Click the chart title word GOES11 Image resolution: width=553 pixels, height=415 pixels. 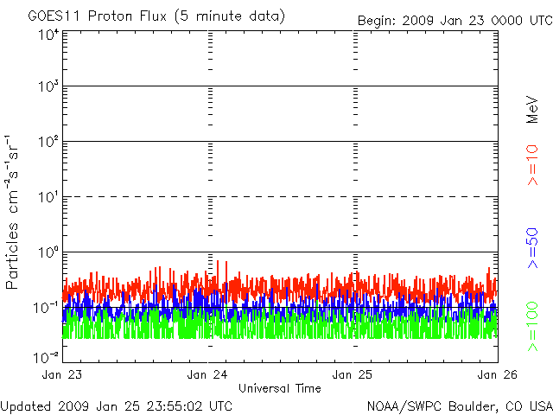point(55,16)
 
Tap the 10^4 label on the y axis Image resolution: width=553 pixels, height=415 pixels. point(48,35)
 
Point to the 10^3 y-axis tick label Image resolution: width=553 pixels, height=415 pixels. point(48,86)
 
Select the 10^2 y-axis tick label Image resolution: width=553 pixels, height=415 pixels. point(48,142)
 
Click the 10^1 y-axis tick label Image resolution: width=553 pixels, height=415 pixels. point(48,197)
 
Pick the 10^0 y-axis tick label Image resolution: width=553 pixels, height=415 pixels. point(48,252)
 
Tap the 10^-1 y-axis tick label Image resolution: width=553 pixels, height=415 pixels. point(46,308)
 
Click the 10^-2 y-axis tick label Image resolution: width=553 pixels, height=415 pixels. point(46,357)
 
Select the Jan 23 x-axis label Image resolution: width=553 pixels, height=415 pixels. point(61,374)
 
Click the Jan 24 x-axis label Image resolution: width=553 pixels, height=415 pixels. point(207,374)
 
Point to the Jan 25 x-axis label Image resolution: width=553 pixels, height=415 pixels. point(353,374)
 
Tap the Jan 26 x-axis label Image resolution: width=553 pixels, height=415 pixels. point(498,374)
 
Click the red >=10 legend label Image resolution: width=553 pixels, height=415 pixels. point(532,165)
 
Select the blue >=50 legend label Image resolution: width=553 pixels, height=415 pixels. point(532,248)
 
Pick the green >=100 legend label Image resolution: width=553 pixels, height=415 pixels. point(532,327)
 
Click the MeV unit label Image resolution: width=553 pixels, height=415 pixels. point(532,110)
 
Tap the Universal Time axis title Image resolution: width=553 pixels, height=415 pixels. point(280,388)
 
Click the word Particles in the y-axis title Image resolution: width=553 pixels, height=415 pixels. point(11,256)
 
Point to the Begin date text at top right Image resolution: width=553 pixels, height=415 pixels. point(455,21)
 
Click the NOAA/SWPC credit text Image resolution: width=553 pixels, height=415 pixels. point(460,406)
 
